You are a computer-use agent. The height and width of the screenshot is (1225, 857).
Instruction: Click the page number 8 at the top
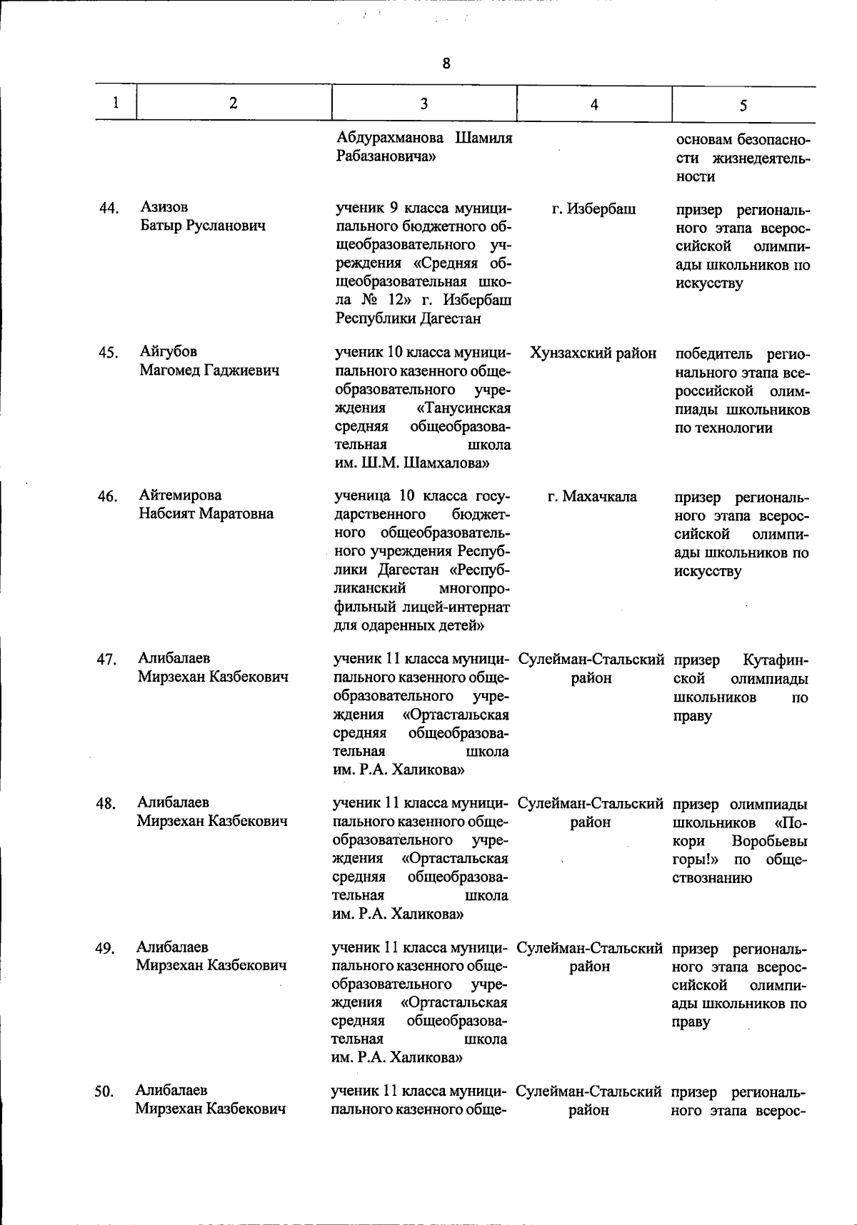(446, 64)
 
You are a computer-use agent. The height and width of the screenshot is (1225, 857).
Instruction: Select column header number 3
(424, 104)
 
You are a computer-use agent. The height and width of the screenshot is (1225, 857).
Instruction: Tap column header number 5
(743, 106)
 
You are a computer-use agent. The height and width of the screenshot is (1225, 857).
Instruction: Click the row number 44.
(109, 208)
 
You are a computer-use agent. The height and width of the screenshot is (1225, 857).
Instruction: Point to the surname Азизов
(164, 207)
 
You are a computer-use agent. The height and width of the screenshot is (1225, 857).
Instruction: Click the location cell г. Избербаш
(594, 209)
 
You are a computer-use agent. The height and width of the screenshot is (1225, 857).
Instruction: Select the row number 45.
(109, 353)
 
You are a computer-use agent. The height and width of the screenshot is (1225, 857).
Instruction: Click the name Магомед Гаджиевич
(209, 370)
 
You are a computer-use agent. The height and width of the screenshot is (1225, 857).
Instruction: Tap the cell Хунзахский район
(593, 353)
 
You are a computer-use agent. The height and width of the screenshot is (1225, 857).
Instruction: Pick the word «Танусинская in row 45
(463, 408)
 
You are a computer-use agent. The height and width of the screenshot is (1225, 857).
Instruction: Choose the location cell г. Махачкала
(593, 496)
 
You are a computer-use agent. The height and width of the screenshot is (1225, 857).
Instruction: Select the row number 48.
(106, 804)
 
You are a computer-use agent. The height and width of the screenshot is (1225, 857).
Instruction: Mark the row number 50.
(105, 1092)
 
